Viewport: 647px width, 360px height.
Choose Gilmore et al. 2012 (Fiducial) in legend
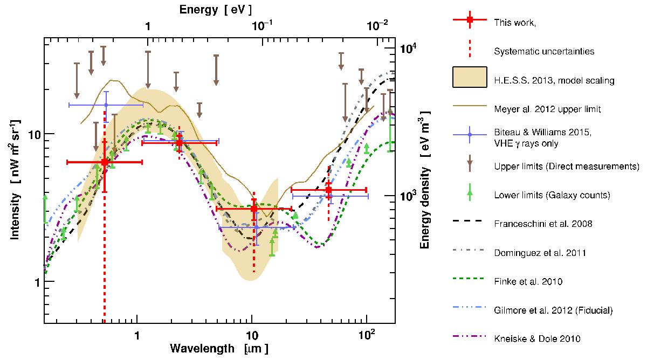553,310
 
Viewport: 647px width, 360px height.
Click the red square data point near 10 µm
254,209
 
